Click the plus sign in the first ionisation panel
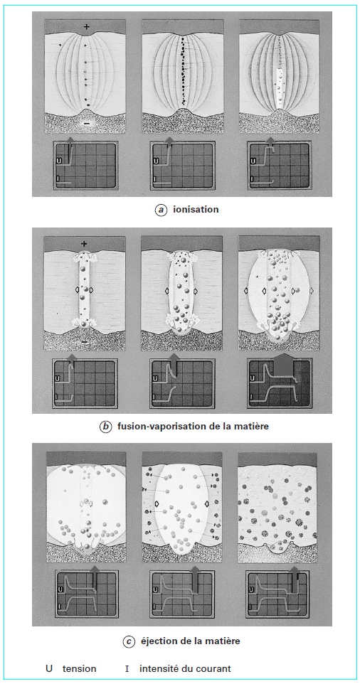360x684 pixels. pyautogui.click(x=86, y=27)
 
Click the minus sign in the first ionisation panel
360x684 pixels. pyautogui.click(x=86, y=123)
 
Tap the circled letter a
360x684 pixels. pyautogui.click(x=162, y=210)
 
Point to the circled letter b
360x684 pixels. pyautogui.click(x=107, y=427)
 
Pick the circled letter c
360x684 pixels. pyautogui.click(x=129, y=641)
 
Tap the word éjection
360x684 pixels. pyautogui.click(x=161, y=641)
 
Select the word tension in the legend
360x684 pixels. pyautogui.click(x=79, y=669)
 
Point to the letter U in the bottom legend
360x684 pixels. pyautogui.click(x=49, y=669)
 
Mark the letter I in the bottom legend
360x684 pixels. pyautogui.click(x=127, y=669)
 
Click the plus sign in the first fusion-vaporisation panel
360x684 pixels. pyautogui.click(x=84, y=244)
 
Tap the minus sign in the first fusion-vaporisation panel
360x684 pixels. pyautogui.click(x=84, y=341)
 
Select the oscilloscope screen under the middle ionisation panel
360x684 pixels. pyautogui.click(x=181, y=166)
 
